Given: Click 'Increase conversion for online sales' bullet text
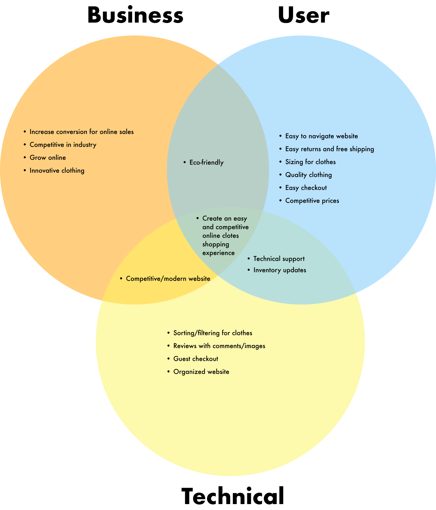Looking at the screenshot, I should point(81,132).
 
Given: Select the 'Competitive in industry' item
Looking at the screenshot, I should point(63,145).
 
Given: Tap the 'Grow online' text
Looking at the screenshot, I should point(48,158).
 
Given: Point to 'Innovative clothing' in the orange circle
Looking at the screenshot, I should point(57,171).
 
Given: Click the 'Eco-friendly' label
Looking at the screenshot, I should point(206,162).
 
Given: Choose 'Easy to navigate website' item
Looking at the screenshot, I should point(321,136).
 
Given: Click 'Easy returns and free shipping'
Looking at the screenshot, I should point(329,149).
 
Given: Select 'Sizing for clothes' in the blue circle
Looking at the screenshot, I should point(310,162).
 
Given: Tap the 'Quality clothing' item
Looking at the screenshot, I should point(308,175).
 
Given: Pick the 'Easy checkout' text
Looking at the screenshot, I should point(306,188).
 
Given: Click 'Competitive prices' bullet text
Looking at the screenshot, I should point(312,201).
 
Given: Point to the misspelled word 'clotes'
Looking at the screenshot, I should point(231,236).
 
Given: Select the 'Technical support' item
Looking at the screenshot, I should point(279,259).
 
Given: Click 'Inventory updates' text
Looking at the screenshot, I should point(280,270).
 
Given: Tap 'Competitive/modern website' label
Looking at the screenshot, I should point(168,279).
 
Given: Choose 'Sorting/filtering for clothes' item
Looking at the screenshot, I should point(213,333).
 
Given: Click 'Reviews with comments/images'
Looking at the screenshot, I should point(219,346).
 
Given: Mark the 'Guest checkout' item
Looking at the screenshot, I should point(196,359).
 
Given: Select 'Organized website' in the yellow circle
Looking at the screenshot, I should point(201,372).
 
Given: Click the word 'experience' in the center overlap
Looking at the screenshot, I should point(218,253).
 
